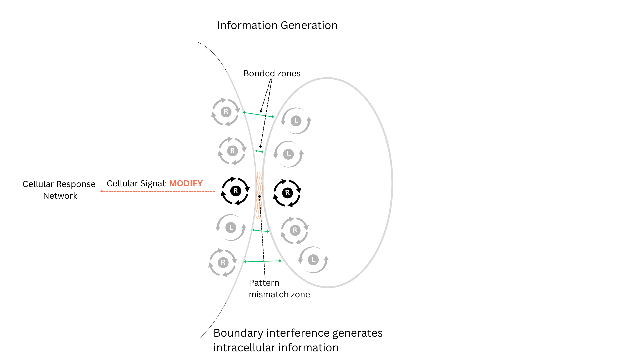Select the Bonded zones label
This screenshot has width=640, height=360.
tap(272, 73)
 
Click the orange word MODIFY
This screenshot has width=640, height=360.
tap(186, 183)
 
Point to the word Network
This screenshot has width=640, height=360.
tap(60, 196)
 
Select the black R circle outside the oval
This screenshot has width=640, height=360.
tap(235, 191)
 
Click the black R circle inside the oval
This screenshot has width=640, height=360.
tap(287, 193)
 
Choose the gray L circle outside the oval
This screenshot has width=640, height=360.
tap(231, 228)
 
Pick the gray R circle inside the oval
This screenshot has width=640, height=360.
tap(295, 230)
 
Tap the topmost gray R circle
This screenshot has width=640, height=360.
tap(226, 112)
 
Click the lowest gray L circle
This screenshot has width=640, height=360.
tap(313, 260)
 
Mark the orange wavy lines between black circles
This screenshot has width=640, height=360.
tap(259, 195)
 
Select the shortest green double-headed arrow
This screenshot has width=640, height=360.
tap(260, 151)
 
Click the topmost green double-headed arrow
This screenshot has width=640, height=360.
tap(259, 115)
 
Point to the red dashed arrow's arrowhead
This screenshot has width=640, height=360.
tap(101, 191)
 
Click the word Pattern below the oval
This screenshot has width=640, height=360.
tap(264, 283)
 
